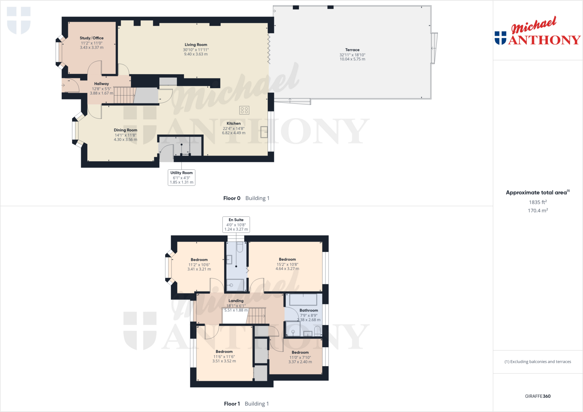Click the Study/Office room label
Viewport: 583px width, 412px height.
pos(91,38)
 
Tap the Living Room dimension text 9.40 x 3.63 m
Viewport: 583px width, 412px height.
pos(196,54)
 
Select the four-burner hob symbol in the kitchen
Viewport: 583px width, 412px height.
pos(244,110)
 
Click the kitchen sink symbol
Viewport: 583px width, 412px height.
pos(264,132)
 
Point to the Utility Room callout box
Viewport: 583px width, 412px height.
pos(181,177)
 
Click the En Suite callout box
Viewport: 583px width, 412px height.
pos(236,224)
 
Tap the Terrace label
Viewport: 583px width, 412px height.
pos(352,50)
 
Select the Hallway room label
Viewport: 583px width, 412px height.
pos(101,84)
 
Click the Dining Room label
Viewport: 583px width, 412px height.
pos(125,130)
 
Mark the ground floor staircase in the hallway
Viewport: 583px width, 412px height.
pos(124,95)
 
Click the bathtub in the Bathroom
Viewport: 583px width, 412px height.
pos(303,300)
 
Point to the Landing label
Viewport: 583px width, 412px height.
pos(236,301)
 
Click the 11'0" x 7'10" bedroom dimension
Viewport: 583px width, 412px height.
pos(300,357)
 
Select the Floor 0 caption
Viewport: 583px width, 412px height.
pos(232,198)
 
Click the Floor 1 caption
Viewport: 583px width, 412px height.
pos(232,403)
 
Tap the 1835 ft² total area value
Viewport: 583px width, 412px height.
pos(537,202)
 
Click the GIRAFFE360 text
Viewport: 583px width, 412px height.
pos(537,396)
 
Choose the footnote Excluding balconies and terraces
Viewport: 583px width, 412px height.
pos(537,362)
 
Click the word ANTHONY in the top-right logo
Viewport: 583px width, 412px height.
pos(544,40)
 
